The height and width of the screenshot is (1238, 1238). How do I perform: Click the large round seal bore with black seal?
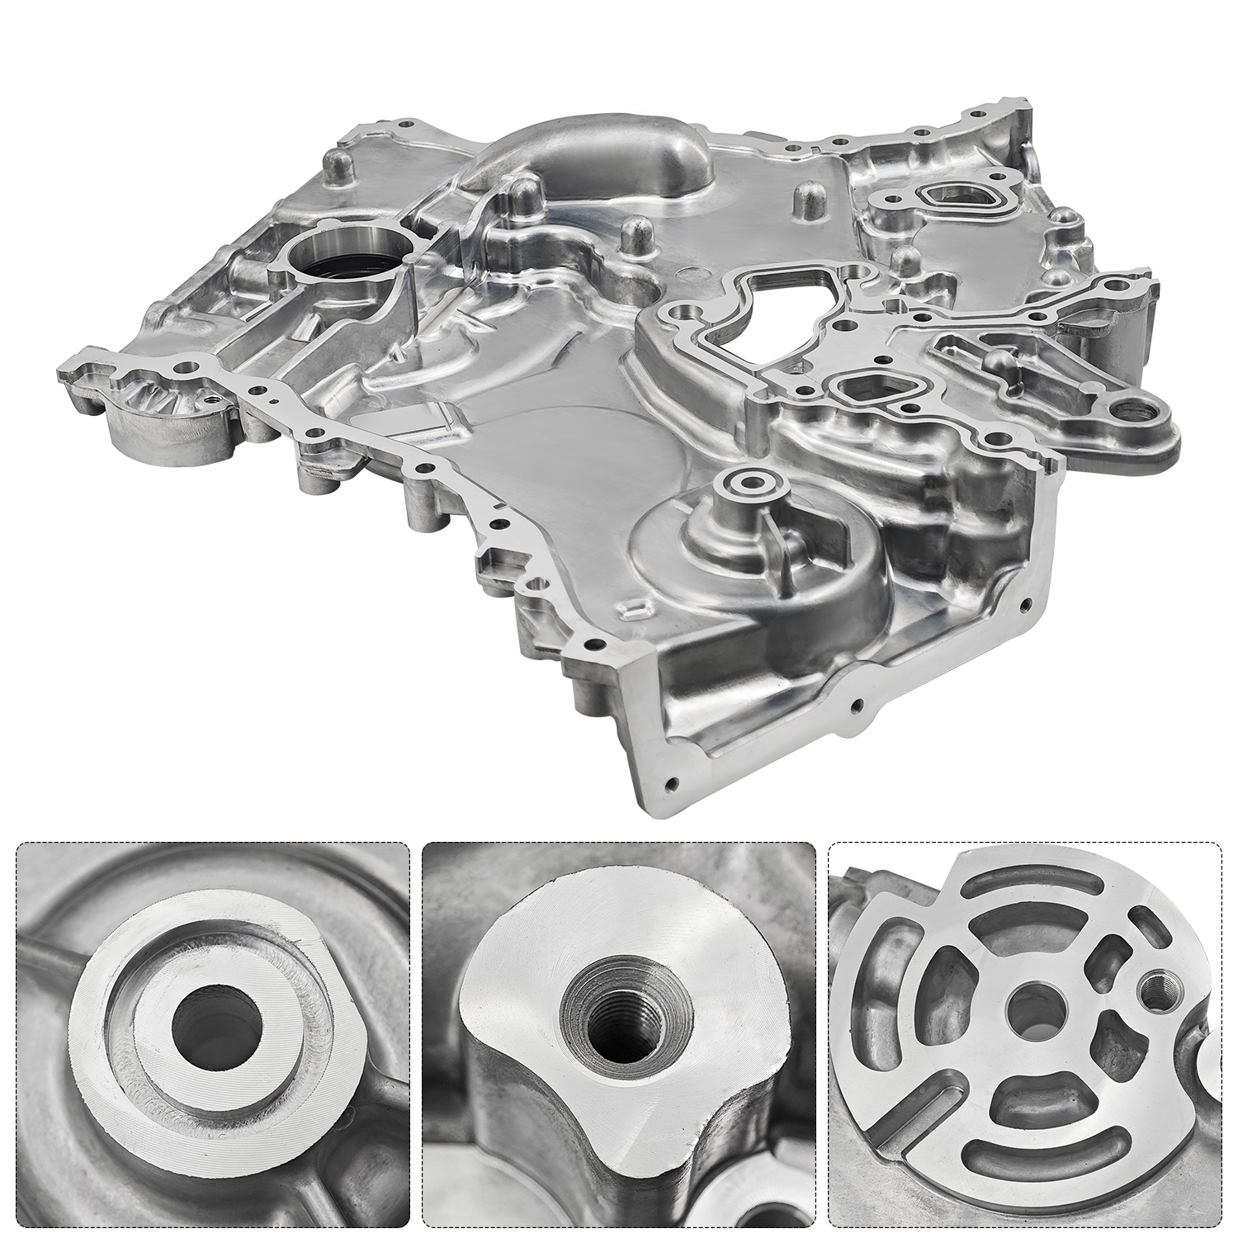coord(346,257)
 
